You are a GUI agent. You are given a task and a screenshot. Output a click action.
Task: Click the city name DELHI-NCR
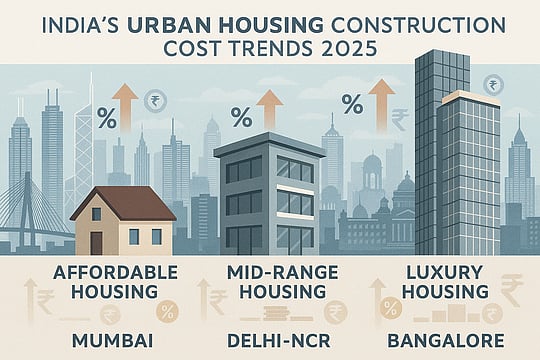tap(270, 338)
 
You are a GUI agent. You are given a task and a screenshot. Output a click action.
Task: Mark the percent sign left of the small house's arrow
tap(106, 125)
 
